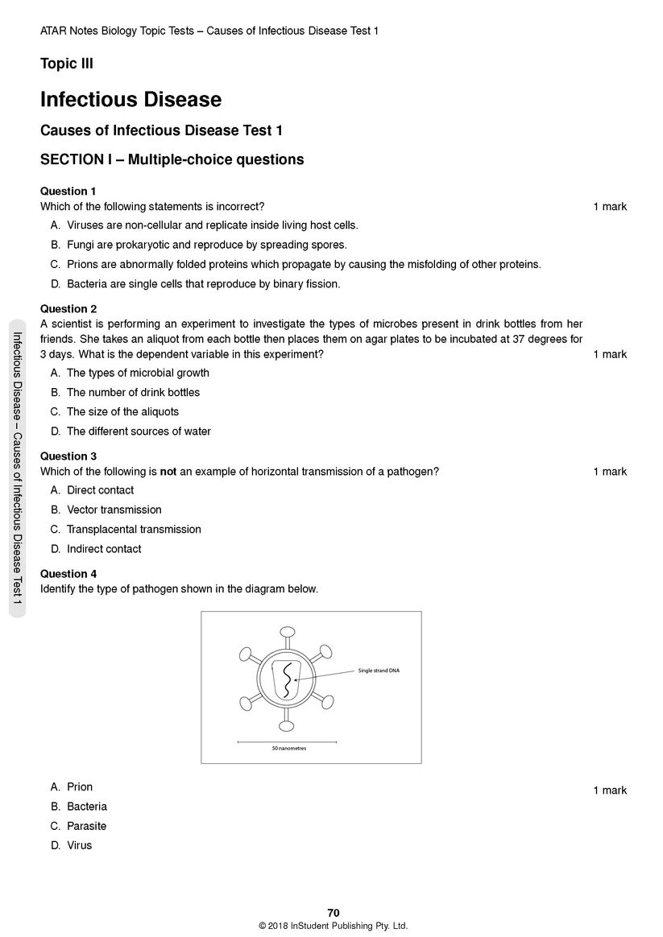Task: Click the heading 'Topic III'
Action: pos(67,64)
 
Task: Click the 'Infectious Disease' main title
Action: pos(131,100)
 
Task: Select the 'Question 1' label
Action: pos(68,191)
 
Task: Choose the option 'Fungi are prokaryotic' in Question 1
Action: pos(206,245)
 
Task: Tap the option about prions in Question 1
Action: pos(303,264)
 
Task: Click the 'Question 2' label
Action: pos(68,308)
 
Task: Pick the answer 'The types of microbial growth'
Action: pos(138,373)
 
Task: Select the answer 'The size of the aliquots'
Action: pos(122,411)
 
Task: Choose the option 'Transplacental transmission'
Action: pos(134,529)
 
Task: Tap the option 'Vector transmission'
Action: pos(114,510)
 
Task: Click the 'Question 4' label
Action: pos(68,574)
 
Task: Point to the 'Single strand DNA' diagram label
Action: pos(379,671)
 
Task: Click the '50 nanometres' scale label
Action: pos(289,748)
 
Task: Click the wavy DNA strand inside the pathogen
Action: pos(287,679)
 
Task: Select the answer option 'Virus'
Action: pos(80,845)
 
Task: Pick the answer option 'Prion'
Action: pos(80,786)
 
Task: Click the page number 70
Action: pos(334,912)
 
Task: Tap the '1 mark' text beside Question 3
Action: pos(610,472)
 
